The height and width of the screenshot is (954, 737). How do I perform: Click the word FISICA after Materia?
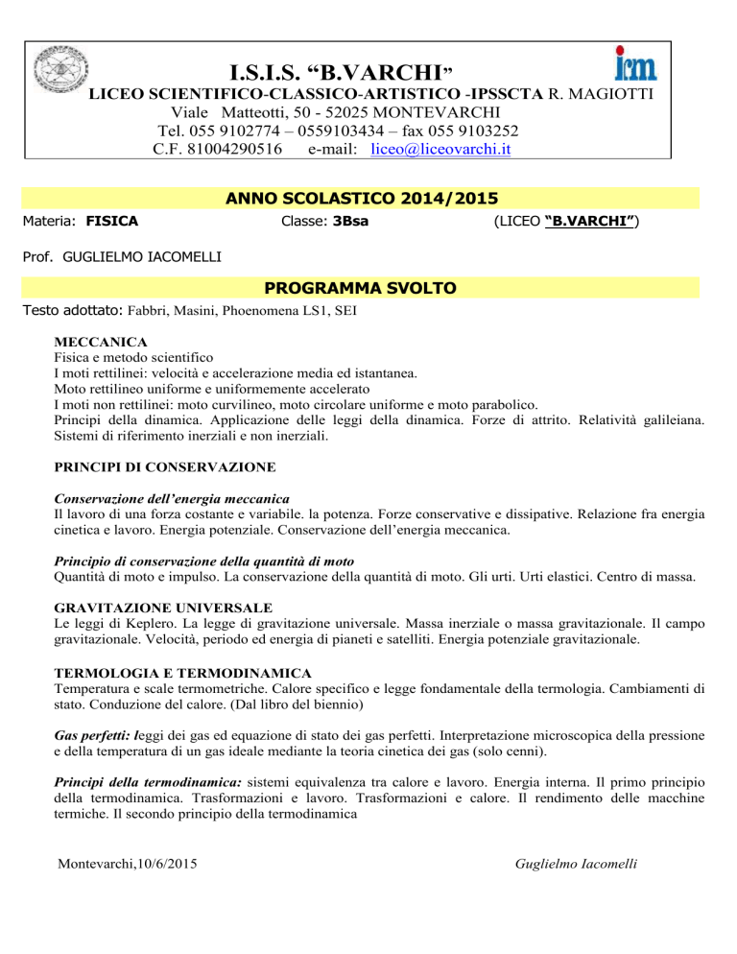click(112, 222)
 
